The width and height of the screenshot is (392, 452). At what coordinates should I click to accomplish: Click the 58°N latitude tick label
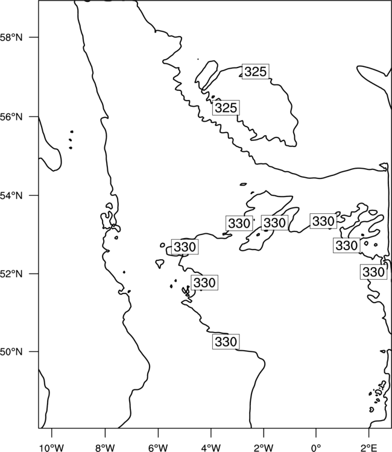pos(11,37)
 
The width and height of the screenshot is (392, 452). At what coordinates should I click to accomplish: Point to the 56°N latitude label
pos(11,117)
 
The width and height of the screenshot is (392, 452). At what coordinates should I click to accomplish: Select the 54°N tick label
pos(11,196)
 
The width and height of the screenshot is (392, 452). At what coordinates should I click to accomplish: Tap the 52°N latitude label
pos(11,274)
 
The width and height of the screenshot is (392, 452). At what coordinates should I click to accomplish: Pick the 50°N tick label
pos(11,352)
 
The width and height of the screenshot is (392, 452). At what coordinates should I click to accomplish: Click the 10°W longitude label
pos(52,448)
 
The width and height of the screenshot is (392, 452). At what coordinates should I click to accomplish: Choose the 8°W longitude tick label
pos(105,448)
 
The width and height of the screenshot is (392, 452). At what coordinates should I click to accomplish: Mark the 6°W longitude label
pos(158,448)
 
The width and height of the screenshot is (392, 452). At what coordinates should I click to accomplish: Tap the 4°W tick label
pos(211,448)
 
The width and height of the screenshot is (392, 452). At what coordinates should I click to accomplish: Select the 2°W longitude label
pos(264,448)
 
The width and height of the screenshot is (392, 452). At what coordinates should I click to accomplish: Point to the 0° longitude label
pos(316,448)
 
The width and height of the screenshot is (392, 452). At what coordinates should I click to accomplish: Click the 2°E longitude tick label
pos(369,448)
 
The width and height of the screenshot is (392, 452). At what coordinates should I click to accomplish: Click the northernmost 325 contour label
pos(255,72)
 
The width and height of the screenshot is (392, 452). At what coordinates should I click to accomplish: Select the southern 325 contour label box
pos(226,108)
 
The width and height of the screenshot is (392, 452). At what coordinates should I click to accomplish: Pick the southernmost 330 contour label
pos(226,342)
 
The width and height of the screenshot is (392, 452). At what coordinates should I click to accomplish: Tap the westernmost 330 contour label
pos(185,247)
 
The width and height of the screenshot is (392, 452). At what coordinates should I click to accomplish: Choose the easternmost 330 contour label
pos(373,272)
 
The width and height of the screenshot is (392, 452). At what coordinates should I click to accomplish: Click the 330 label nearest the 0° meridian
pos(323,221)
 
